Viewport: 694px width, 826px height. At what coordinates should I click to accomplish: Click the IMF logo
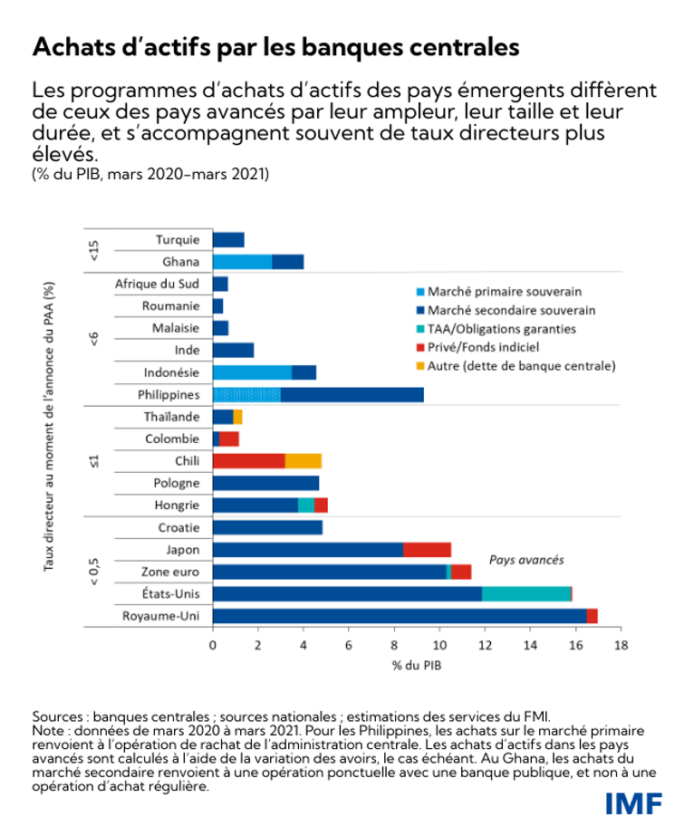(x=633, y=802)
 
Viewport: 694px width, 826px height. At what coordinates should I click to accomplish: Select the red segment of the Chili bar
(x=249, y=460)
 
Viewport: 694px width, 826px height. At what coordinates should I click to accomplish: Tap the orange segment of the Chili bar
(x=304, y=460)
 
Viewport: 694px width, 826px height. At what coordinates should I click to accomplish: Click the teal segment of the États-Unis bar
(x=526, y=594)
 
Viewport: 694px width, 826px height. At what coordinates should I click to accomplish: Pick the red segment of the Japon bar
(x=427, y=549)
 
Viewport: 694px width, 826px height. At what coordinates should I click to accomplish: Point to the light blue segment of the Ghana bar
(x=242, y=262)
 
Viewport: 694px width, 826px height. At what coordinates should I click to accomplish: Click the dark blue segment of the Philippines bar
(x=352, y=394)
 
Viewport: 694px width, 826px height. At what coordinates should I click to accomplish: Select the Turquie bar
(x=228, y=240)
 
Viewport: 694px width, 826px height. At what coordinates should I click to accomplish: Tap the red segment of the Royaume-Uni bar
(x=592, y=616)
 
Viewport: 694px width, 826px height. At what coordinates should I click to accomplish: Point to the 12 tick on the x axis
(x=485, y=646)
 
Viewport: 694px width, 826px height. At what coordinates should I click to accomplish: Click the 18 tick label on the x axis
(x=621, y=646)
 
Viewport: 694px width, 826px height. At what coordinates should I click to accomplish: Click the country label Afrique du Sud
(x=157, y=283)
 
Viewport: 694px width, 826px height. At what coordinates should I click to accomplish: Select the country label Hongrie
(x=178, y=504)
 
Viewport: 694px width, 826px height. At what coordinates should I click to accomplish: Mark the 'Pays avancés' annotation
(x=526, y=560)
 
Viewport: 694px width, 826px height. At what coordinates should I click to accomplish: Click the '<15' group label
(x=95, y=251)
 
